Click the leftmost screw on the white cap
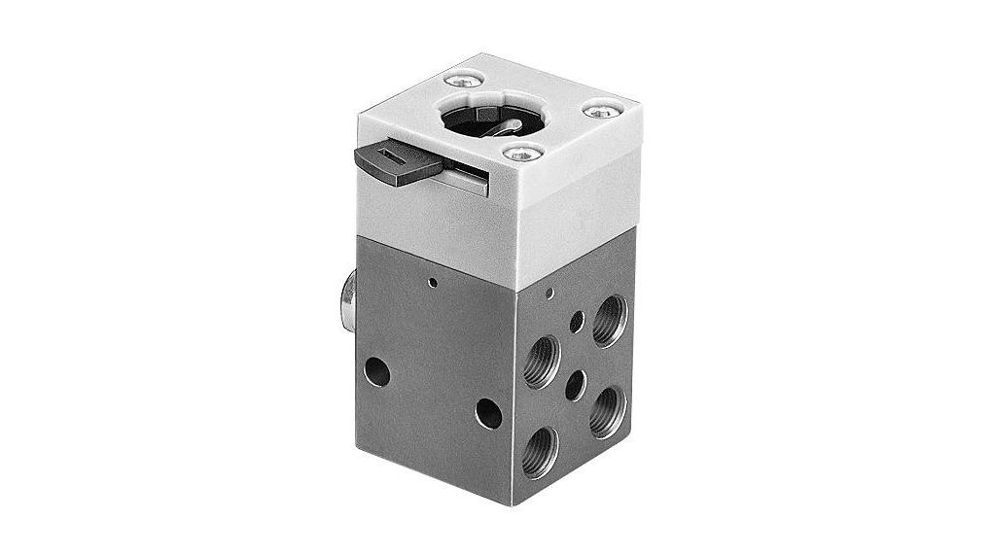coord(457,82)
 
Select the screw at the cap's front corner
coord(523,152)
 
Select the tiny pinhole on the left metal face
coord(431,284)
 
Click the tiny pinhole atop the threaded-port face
coord(551,292)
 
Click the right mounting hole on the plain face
coord(488,414)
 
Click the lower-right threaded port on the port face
coord(606,407)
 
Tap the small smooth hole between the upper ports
coord(578,320)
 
